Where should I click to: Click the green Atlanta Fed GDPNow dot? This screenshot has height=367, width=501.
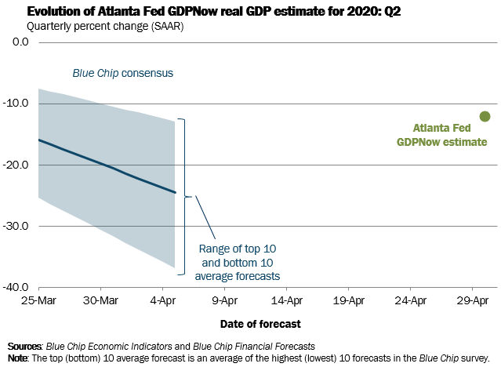pyautogui.click(x=485, y=116)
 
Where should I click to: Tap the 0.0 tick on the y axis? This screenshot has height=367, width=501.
pyautogui.click(x=16, y=42)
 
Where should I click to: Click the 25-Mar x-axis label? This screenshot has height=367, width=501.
pyautogui.click(x=38, y=300)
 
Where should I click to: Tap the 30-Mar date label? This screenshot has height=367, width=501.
pyautogui.click(x=100, y=300)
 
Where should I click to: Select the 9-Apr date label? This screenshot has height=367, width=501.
pyautogui.click(x=225, y=300)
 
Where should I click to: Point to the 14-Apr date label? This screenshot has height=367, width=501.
pyautogui.click(x=287, y=300)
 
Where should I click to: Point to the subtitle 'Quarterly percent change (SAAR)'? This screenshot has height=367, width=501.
pyautogui.click(x=100, y=26)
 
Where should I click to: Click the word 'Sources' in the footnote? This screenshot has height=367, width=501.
pyautogui.click(x=24, y=345)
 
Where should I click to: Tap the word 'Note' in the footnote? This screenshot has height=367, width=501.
pyautogui.click(x=17, y=356)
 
